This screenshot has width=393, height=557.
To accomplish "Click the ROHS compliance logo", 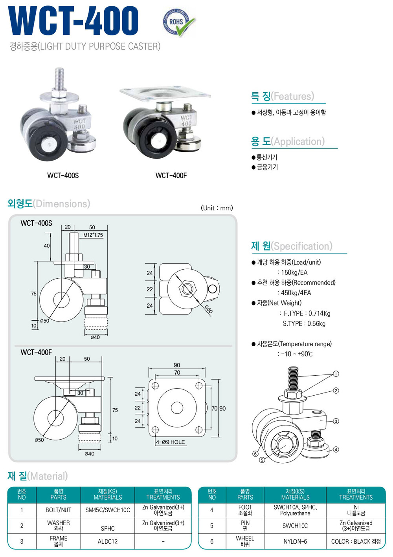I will (x=178, y=23).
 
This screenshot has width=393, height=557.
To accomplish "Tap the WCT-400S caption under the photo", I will (x=63, y=175).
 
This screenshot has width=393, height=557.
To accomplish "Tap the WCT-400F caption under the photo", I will (x=171, y=175).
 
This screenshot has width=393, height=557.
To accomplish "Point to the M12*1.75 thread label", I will (x=93, y=235).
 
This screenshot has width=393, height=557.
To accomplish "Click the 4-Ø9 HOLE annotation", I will (x=170, y=442).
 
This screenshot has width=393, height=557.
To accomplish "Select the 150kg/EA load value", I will (x=294, y=272).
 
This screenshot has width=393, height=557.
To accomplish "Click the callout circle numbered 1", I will (x=336, y=374).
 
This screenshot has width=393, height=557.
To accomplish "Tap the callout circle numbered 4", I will (x=336, y=449).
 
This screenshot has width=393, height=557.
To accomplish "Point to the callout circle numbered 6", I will (x=255, y=454).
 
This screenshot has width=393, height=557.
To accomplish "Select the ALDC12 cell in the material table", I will (x=108, y=541).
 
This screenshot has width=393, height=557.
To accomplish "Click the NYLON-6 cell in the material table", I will (x=295, y=541).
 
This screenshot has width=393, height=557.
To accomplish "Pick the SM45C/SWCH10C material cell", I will (x=108, y=510).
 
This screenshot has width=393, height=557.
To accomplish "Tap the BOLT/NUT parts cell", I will (x=59, y=510).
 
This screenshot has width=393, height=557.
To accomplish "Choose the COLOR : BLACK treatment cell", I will (x=356, y=541).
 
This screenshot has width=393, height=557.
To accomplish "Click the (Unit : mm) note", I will (x=217, y=208).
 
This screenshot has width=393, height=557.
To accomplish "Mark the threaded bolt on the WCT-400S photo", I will (x=59, y=80).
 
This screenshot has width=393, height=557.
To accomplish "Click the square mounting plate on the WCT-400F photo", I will (x=165, y=94).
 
